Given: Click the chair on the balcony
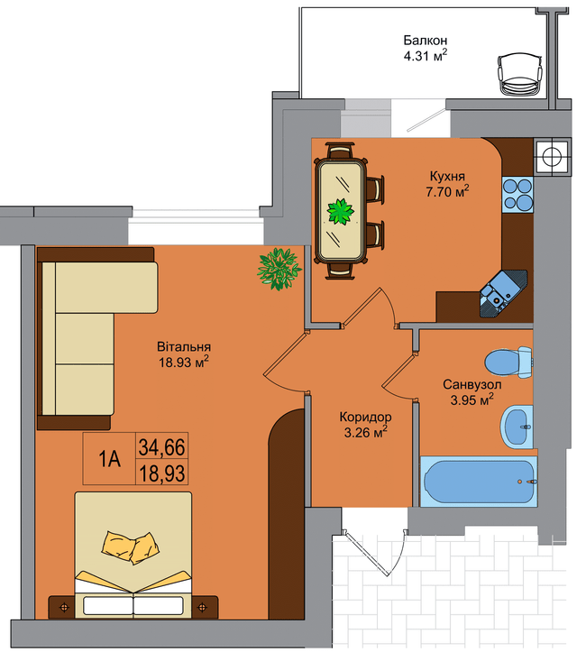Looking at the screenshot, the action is point(520,75).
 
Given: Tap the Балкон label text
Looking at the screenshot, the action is point(426,41).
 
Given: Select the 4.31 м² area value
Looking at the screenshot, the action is point(426,55).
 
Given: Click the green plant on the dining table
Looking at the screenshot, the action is point(341,212).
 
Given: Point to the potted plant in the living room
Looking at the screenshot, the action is point(279,269).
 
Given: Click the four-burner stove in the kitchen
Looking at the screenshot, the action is point(517,195).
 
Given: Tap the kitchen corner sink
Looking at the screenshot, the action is point(503,294).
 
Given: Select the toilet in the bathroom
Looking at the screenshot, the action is point(508,362).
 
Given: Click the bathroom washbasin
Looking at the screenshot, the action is point(517,427).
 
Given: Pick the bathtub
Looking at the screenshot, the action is point(479,482).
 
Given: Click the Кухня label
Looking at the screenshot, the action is point(447,177).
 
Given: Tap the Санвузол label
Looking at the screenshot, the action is point(472,385).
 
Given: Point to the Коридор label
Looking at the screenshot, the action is point(365,417).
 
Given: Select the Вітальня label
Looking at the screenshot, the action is point(184,347).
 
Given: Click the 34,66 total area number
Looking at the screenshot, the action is point(161,447).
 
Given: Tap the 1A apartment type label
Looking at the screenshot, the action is point(109,460).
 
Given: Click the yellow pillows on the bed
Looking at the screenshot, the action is point(131,547).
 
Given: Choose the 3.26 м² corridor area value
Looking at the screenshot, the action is point(365,432).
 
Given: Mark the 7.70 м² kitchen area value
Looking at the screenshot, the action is point(447,192).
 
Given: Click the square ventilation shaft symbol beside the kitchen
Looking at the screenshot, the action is point(552,157).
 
